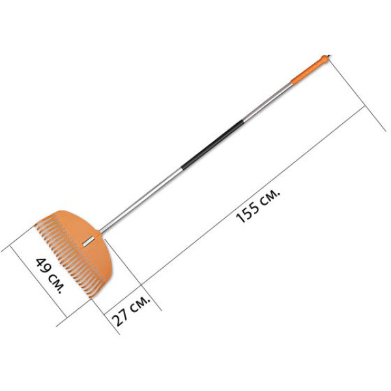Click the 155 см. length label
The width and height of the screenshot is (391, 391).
click(258, 206)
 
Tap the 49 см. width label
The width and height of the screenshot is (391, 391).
click(50, 276)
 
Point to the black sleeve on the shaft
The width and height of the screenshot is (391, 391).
click(212, 145)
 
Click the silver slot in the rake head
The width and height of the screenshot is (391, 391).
click(89, 242)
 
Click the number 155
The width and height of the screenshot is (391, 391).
click(248, 212)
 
